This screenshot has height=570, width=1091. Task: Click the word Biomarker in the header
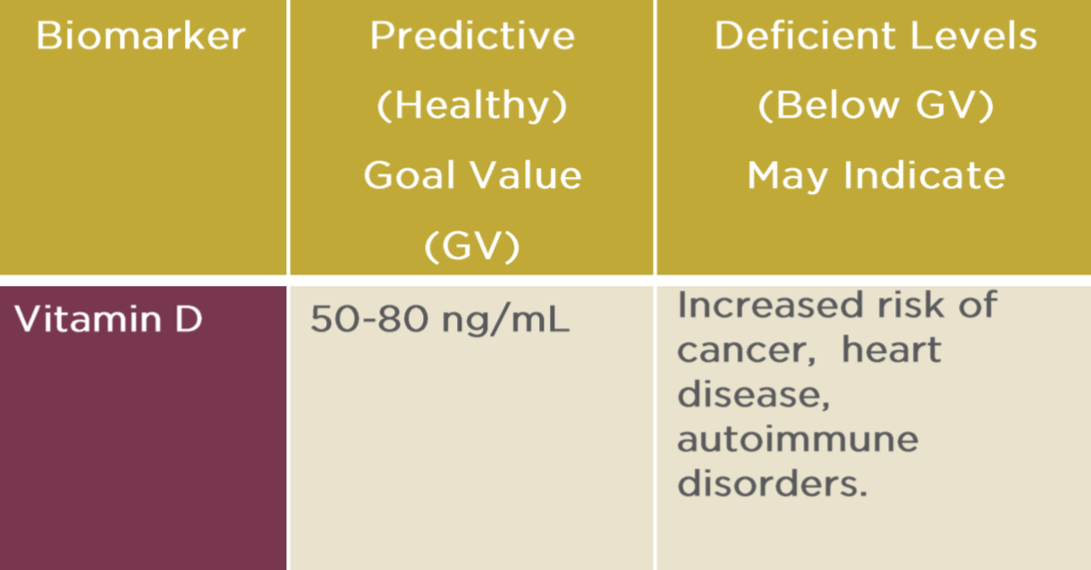(x=140, y=36)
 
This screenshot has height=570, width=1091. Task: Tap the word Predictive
(x=472, y=36)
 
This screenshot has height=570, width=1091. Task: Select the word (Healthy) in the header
(x=472, y=105)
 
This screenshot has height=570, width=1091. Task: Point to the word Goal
(x=410, y=175)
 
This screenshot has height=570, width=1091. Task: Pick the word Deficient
(x=805, y=36)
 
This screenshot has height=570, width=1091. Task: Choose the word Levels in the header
(x=974, y=36)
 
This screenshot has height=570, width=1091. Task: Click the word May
(x=788, y=176)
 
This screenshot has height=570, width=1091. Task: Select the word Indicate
(x=925, y=175)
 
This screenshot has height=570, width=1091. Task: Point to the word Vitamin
(x=88, y=319)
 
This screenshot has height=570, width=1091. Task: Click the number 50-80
(x=369, y=319)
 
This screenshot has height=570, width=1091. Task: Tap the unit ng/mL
(x=505, y=321)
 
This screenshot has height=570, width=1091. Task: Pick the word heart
(x=892, y=349)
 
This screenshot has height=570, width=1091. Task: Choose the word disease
(x=754, y=395)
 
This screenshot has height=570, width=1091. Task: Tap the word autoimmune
(x=798, y=439)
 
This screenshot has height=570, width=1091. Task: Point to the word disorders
(x=773, y=482)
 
